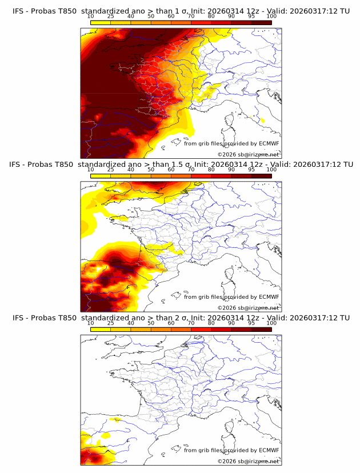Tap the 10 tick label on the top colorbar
click(90, 17)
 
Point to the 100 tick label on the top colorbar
click(271, 17)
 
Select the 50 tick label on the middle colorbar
click(151, 170)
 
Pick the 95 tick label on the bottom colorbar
click(251, 323)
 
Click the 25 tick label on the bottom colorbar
click(110, 323)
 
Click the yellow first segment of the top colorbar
click(101, 23)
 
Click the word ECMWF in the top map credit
click(269, 143)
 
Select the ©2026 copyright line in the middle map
click(248, 307)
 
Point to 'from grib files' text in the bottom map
click(202, 450)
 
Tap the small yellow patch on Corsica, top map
click(262, 121)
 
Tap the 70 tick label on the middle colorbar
click(191, 170)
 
